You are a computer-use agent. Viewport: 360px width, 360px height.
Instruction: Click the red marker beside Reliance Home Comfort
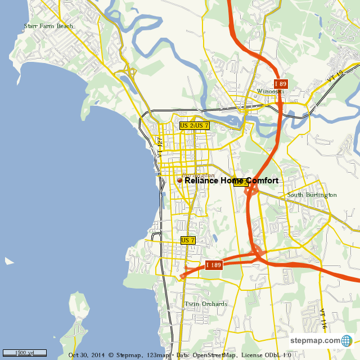click(180, 181)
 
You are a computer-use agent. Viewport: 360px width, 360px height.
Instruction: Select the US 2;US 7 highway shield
click(195, 126)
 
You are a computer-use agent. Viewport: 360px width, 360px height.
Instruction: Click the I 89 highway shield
click(281, 84)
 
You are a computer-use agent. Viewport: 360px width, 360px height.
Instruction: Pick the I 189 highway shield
click(214, 265)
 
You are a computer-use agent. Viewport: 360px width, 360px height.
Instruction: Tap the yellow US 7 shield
click(188, 240)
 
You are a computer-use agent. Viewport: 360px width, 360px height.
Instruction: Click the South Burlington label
click(312, 195)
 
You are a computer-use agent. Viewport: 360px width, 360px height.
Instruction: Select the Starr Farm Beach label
click(48, 26)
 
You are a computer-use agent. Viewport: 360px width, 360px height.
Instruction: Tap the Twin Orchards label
click(206, 304)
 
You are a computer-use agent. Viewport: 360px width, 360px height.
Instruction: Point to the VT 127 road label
click(160, 147)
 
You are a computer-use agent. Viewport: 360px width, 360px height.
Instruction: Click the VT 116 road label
click(323, 319)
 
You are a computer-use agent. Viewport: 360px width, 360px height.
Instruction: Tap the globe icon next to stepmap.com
click(346, 341)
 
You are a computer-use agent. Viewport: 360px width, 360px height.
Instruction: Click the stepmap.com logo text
click(315, 341)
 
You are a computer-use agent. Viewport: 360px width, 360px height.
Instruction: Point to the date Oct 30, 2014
click(87, 355)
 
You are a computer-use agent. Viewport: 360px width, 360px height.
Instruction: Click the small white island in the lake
click(9, 261)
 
